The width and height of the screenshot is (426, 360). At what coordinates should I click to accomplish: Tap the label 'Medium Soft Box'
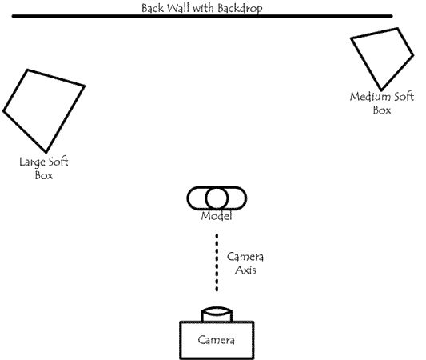(381, 103)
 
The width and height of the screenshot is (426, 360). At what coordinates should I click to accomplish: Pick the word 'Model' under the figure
(217, 217)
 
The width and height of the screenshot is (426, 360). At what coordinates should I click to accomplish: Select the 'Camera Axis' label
(245, 264)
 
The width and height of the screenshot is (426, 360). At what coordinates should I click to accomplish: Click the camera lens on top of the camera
(217, 314)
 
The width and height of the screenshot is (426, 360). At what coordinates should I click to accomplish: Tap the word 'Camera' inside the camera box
(217, 341)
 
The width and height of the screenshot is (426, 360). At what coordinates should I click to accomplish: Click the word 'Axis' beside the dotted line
(245, 270)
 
